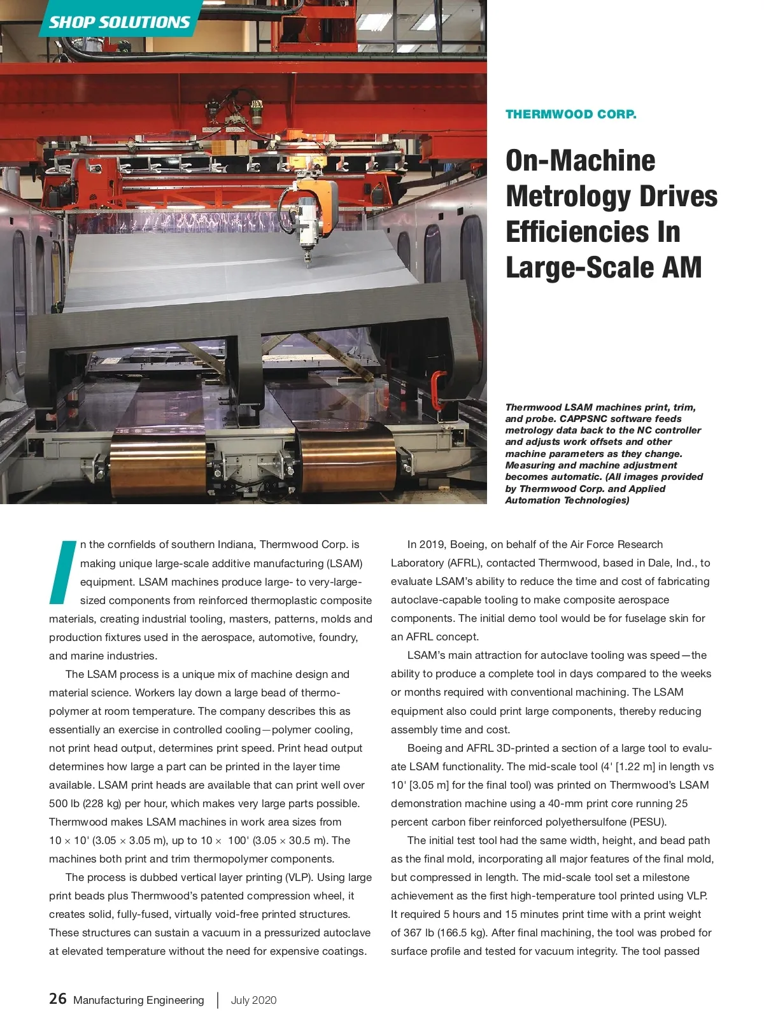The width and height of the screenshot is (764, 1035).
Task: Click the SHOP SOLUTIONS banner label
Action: [x=120, y=22]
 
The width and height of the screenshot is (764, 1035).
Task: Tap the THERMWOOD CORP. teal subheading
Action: [x=570, y=115]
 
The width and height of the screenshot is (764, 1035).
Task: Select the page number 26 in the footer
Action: [x=57, y=999]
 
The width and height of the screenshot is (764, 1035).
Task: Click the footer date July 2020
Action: [x=253, y=1000]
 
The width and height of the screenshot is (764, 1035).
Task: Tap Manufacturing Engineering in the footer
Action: [x=138, y=1000]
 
